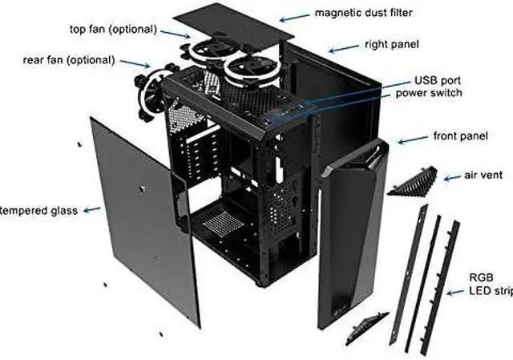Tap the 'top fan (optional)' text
point(112,30)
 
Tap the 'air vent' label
point(483,174)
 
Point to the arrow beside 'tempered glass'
point(91,210)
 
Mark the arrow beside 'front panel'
point(414,139)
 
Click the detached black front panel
point(353,233)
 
